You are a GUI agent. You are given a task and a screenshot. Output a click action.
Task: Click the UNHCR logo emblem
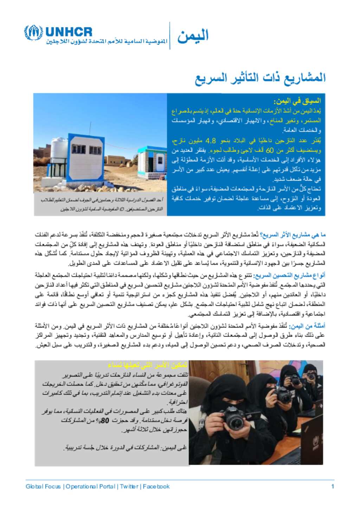click(33, 33)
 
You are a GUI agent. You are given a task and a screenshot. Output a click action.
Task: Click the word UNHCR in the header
click(69, 32)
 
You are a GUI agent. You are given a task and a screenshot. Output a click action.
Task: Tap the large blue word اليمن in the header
click(193, 36)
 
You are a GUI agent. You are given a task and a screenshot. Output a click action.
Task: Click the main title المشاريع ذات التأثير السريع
click(261, 78)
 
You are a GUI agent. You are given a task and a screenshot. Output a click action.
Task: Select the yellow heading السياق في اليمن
click(298, 102)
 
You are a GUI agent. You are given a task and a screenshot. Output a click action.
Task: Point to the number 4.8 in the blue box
click(211, 141)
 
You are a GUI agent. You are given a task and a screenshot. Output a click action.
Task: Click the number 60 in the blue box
click(270, 150)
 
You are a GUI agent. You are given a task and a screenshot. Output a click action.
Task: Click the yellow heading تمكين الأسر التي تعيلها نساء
click(148, 365)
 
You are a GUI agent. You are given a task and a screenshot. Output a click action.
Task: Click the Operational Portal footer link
click(90, 487)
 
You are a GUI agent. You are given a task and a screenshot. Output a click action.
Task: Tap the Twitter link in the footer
click(129, 487)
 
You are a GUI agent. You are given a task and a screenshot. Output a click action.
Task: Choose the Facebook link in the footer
click(156, 487)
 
